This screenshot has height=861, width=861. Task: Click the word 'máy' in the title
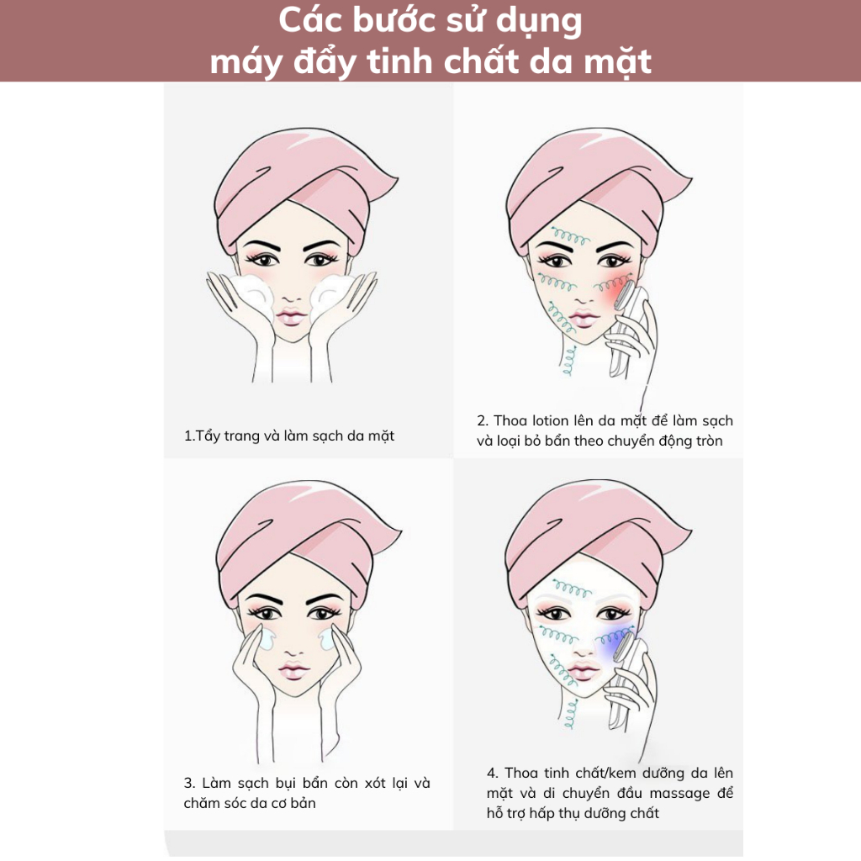click(x=246, y=61)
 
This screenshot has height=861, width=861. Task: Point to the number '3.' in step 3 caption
click(x=189, y=783)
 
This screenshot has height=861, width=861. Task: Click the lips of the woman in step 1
click(x=292, y=317)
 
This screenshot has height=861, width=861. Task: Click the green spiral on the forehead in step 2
click(x=571, y=238)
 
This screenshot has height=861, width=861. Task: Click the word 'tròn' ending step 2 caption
click(x=707, y=441)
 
